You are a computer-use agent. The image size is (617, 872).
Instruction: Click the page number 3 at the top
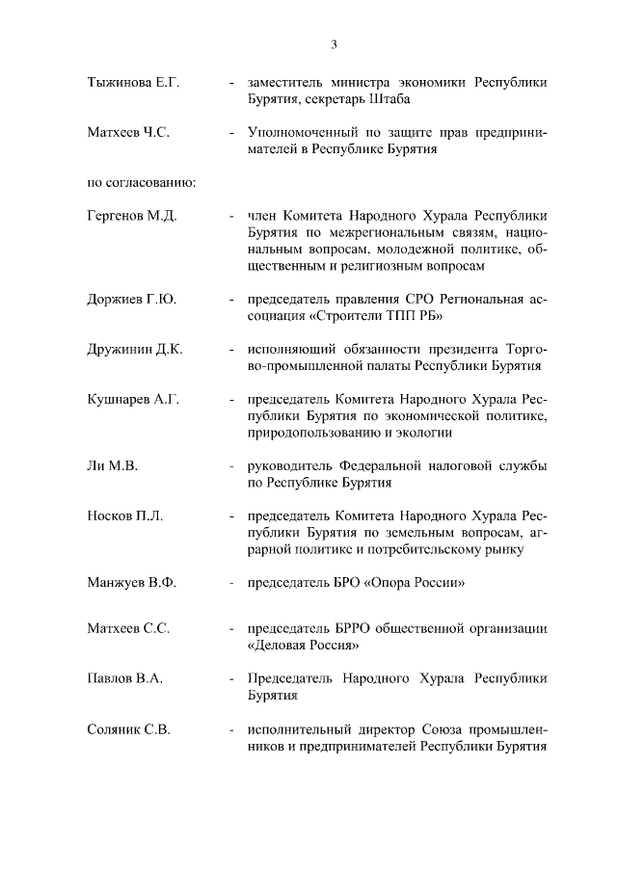point(333,44)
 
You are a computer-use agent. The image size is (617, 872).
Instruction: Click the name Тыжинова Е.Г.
point(133,83)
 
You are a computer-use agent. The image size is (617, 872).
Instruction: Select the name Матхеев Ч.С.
point(128,133)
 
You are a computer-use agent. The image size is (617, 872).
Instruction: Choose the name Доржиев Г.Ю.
point(132,299)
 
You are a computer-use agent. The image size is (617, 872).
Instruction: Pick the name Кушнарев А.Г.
point(133,399)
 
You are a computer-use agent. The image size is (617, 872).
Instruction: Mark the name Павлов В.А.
point(124,678)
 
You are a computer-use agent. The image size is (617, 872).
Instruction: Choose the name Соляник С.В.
point(128,729)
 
